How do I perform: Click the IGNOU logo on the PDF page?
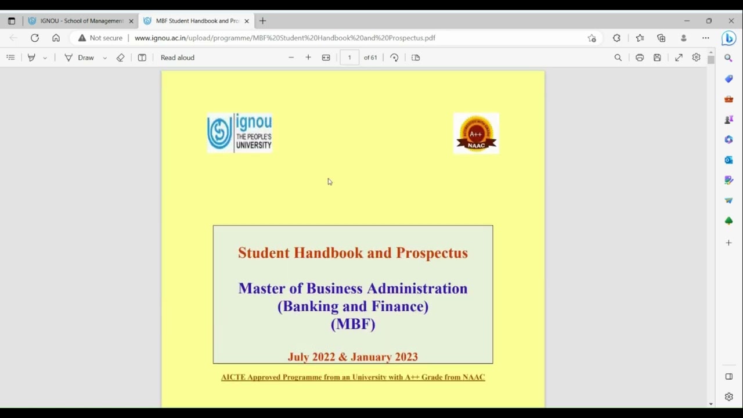tap(239, 133)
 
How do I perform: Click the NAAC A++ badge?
tap(476, 134)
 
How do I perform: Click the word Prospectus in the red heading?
tap(432, 253)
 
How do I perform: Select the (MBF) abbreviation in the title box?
tap(353, 324)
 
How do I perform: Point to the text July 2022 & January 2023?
tap(353, 357)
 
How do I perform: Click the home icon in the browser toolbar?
tap(56, 38)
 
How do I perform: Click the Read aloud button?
tap(177, 57)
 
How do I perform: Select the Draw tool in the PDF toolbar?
tap(80, 57)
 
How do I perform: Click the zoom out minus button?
tap(291, 57)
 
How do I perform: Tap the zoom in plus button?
tap(308, 57)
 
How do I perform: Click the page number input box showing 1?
tap(349, 57)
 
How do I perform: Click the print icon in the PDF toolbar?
tap(640, 57)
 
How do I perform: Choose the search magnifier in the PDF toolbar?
tap(618, 57)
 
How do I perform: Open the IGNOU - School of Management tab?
tap(81, 21)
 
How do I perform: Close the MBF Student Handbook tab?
tap(247, 21)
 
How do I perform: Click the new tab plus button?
tap(262, 21)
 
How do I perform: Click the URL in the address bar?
tap(284, 38)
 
